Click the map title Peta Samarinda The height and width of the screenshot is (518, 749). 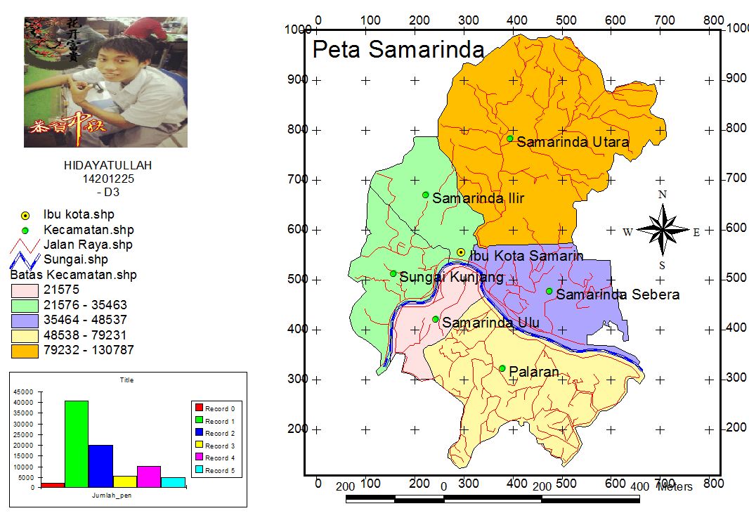[398, 50]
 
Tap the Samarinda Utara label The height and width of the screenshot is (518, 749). [573, 142]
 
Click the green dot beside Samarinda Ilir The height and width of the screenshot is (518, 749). [425, 195]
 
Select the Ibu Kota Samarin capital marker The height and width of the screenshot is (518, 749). [461, 252]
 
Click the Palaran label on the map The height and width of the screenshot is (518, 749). [534, 372]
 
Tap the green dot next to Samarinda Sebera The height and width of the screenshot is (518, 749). [549, 291]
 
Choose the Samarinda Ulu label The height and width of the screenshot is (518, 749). [490, 323]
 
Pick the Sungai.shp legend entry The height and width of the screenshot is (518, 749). [76, 260]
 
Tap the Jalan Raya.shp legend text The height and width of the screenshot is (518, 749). [88, 245]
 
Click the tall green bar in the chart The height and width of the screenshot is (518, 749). [77, 443]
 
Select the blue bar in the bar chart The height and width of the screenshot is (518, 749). [100, 465]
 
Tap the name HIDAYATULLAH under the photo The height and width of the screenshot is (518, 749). [108, 166]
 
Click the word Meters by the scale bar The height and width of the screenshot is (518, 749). [675, 486]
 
